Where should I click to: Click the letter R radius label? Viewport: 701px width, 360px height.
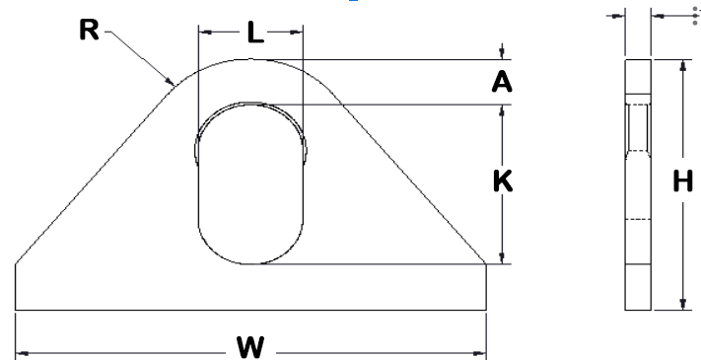89,30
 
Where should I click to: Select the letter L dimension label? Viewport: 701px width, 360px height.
255,33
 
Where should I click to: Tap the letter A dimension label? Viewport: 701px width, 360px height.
502,82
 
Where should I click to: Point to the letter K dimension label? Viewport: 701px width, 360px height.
503,181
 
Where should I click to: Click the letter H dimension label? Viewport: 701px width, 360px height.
682,181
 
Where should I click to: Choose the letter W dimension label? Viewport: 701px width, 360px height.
250,347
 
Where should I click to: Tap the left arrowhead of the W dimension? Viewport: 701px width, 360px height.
22,354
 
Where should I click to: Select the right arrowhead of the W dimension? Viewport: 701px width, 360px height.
480,354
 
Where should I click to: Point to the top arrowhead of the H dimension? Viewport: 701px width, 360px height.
682,65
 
